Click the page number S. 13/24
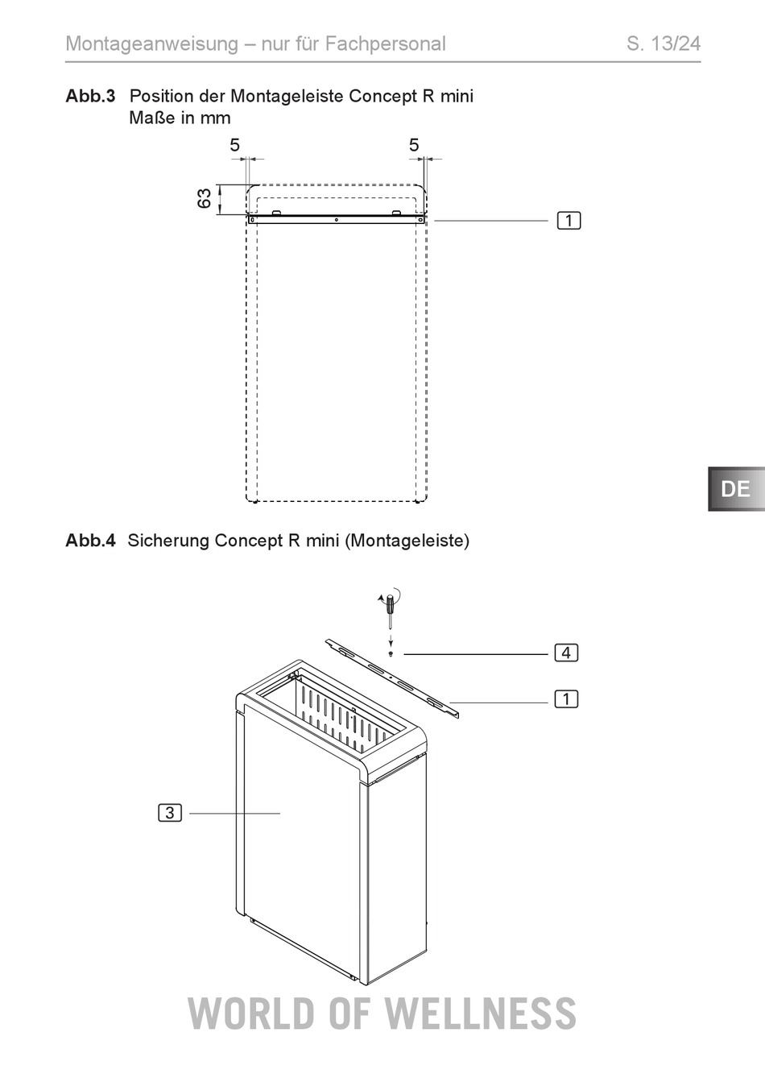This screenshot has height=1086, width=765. [664, 44]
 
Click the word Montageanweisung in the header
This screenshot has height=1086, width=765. [151, 44]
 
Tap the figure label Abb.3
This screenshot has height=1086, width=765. [91, 96]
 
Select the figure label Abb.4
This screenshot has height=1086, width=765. [91, 540]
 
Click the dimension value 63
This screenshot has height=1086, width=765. [205, 198]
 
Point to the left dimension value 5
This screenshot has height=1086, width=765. [234, 145]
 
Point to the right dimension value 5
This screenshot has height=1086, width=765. [414, 145]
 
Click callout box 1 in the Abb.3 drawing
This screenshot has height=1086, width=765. [569, 221]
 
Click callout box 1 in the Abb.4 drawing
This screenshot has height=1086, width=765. [566, 699]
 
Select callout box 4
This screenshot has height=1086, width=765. [566, 653]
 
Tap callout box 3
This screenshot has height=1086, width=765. [170, 813]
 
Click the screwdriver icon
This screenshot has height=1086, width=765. [390, 607]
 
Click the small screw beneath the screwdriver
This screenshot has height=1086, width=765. [391, 654]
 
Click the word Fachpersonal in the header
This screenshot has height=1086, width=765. [385, 44]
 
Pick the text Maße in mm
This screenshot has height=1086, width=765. [180, 118]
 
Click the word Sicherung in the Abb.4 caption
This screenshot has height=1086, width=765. [168, 541]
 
